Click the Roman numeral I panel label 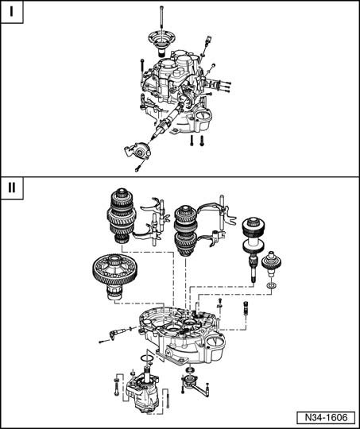(11, 12)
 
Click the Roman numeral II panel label (11, 188)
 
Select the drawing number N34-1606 (326, 418)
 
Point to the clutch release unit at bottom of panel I (138, 151)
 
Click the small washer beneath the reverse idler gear (271, 286)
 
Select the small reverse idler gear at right (271, 264)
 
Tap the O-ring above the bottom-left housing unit (146, 357)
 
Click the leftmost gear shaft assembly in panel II (122, 215)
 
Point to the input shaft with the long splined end (254, 249)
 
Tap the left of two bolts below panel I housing (192, 141)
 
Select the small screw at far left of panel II (104, 341)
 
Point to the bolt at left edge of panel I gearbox (142, 68)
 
